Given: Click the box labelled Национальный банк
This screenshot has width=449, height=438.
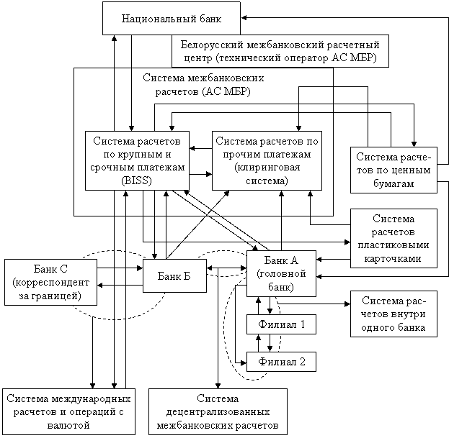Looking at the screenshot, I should click(x=161, y=18).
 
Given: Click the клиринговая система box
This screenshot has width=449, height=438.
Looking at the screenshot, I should click(x=265, y=160).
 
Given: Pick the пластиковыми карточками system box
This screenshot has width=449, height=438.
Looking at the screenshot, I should click(x=394, y=238).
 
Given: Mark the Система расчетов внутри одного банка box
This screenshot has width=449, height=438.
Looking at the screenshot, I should click(x=394, y=314).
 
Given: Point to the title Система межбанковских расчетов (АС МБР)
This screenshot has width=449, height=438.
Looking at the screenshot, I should click(x=203, y=85).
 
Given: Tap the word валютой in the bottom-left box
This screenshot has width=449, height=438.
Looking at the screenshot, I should click(x=69, y=426).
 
